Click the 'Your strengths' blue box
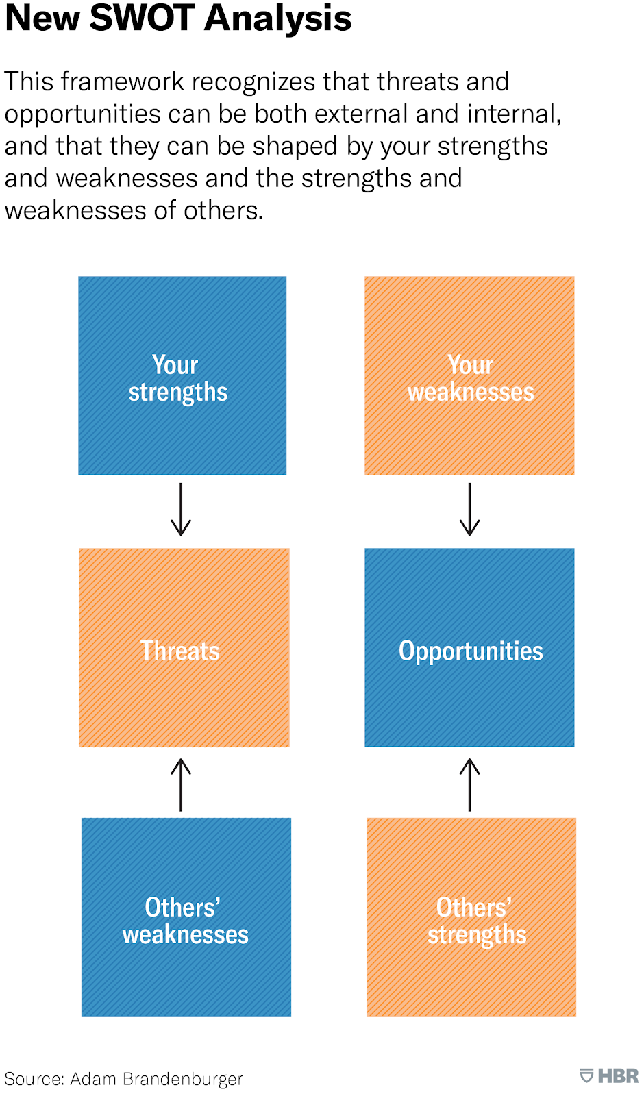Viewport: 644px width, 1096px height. (x=182, y=375)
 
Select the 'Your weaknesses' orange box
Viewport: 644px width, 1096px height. (x=469, y=375)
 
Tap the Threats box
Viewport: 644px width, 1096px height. (x=184, y=647)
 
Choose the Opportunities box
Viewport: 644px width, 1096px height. (x=469, y=647)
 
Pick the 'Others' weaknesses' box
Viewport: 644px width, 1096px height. (x=186, y=917)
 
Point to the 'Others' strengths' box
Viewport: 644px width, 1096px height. (x=471, y=917)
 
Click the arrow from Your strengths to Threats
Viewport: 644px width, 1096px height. (x=181, y=510)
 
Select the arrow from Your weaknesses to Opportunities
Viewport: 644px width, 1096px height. (x=469, y=510)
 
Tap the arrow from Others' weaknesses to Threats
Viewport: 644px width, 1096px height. (x=181, y=785)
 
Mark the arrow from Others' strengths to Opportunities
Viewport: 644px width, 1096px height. (x=469, y=785)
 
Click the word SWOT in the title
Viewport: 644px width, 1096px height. (x=143, y=18)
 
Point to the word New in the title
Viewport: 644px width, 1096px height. (x=42, y=18)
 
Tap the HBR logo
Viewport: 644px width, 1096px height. (x=609, y=1076)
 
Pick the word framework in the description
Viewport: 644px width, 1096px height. (x=123, y=82)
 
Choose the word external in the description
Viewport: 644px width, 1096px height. (x=361, y=114)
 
